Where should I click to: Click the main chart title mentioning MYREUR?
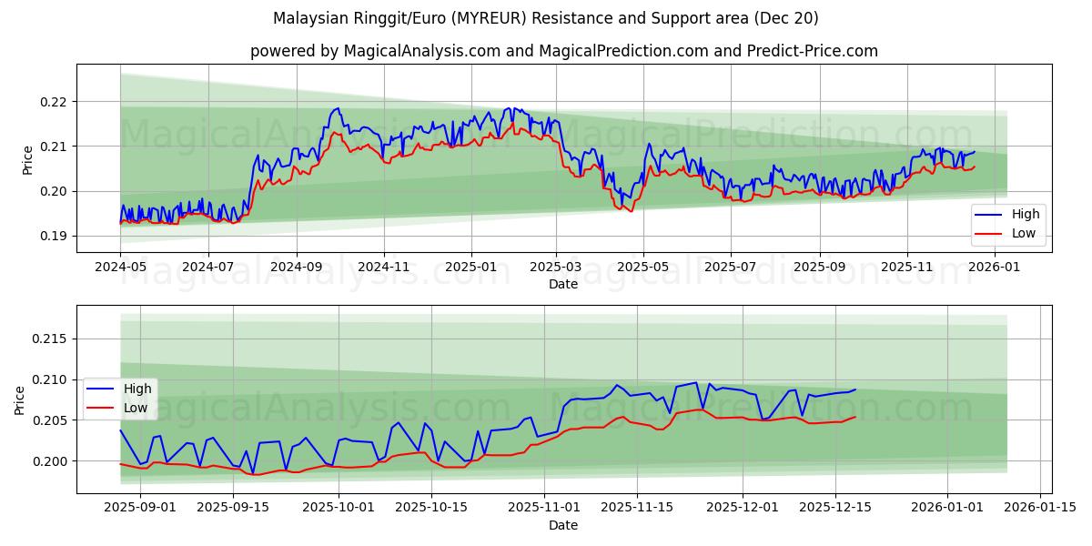coord(546,18)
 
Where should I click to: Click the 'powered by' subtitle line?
coord(564,51)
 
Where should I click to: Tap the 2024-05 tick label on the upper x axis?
coord(120,268)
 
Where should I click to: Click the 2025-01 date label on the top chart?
coord(471,268)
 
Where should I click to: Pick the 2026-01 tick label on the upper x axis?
coord(995,268)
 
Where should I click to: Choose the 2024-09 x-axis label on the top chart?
coord(296,268)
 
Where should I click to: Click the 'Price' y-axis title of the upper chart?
coord(27,159)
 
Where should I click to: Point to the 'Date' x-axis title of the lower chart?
coord(563,525)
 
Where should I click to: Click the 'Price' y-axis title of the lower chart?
coord(20,399)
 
